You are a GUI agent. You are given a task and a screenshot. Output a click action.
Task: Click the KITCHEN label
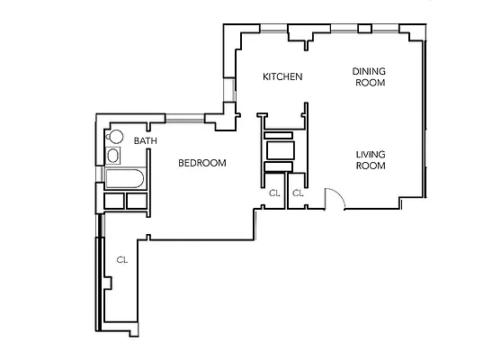[x=282, y=76]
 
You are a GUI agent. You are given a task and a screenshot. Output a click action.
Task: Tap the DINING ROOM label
[x=369, y=76]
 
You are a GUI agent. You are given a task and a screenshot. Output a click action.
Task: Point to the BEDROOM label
[x=201, y=163]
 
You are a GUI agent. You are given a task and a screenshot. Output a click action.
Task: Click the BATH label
[x=146, y=141]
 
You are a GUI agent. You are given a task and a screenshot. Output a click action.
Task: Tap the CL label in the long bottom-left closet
[x=121, y=260]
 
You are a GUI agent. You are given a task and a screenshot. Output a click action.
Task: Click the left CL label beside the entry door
[x=274, y=193]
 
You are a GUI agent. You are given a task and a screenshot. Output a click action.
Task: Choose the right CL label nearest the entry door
[x=298, y=193]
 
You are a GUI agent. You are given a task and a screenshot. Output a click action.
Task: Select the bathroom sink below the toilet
[x=112, y=157]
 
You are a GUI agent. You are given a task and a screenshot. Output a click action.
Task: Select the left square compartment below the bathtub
[x=115, y=201]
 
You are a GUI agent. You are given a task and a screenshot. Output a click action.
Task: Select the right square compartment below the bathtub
[x=137, y=201]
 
